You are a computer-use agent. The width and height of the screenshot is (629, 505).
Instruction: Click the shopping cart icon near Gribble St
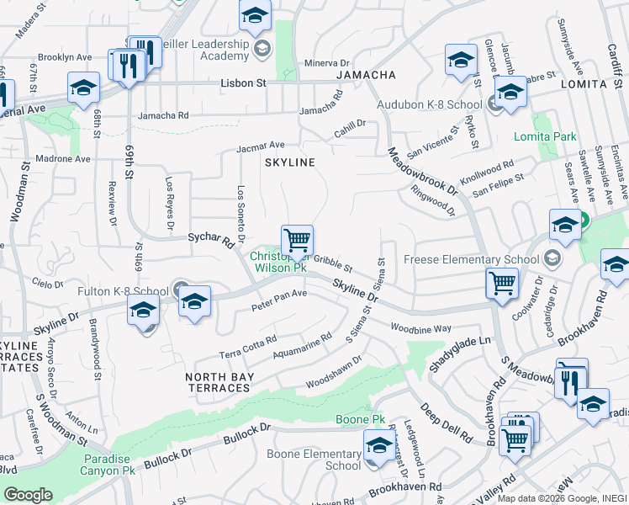(297, 241)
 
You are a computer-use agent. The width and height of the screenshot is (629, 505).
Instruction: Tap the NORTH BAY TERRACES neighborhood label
(219, 382)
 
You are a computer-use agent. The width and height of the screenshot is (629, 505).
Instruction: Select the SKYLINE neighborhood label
(290, 162)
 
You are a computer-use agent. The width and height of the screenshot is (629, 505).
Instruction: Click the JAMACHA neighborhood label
(366, 75)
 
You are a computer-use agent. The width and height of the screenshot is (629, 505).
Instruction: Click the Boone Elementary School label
(314, 460)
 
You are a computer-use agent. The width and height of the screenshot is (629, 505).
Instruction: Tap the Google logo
(28, 495)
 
